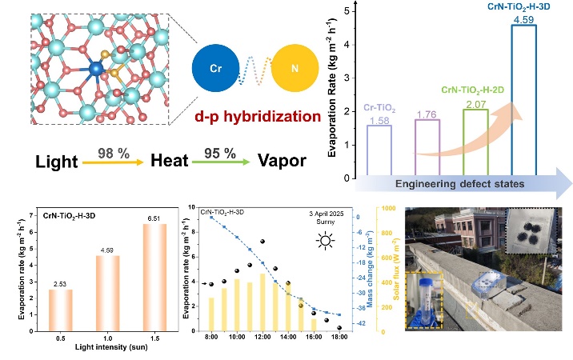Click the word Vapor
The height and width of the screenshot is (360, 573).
click(282, 162)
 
